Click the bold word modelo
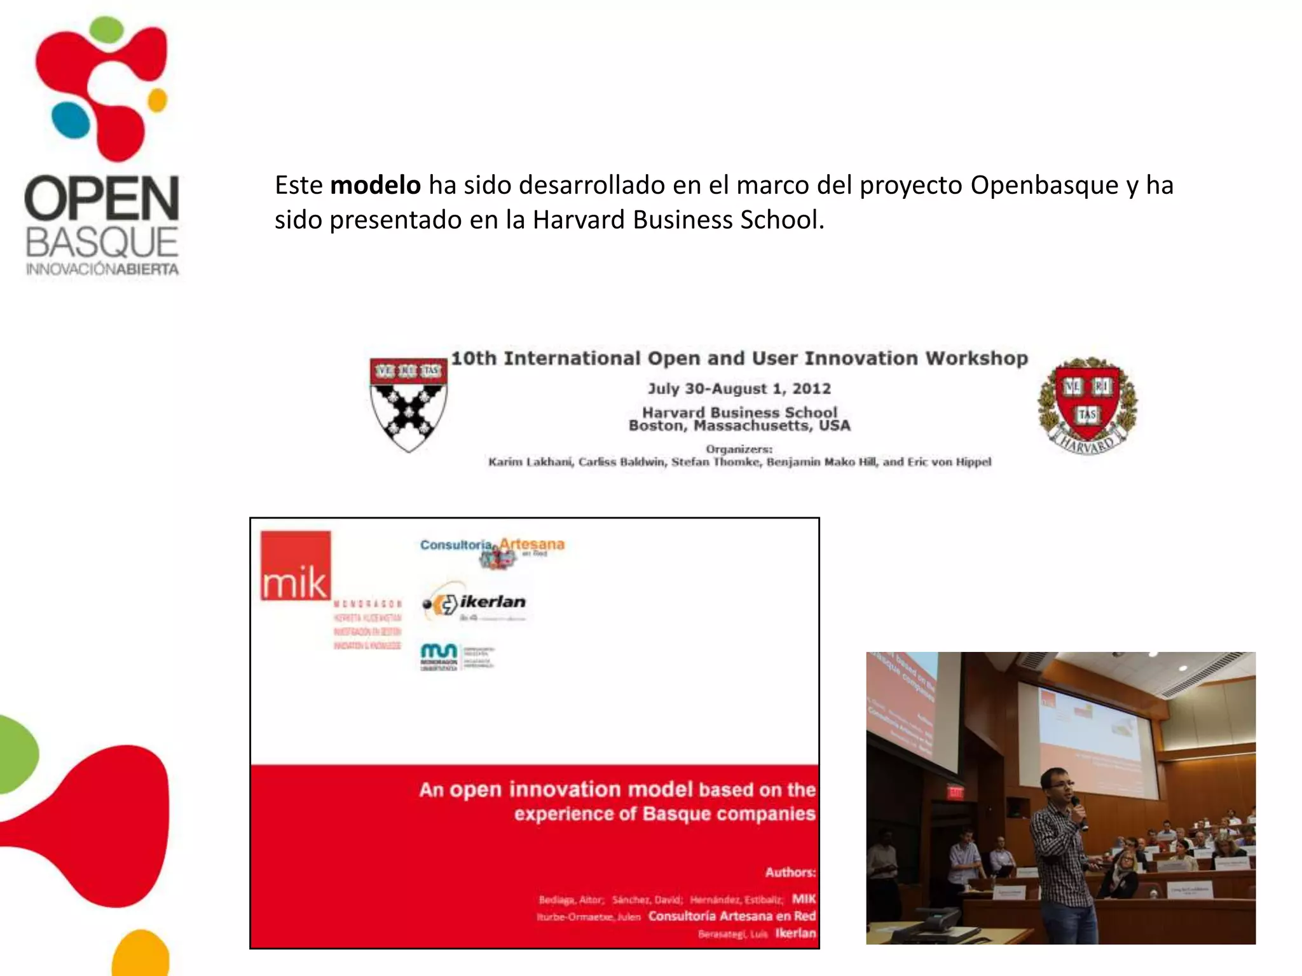pyautogui.click(x=375, y=186)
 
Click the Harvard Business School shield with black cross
pyautogui.click(x=409, y=404)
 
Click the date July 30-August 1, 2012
pyautogui.click(x=739, y=388)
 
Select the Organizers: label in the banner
pyautogui.click(x=739, y=449)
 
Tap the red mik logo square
pyautogui.click(x=296, y=566)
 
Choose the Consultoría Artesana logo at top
pyautogui.click(x=492, y=550)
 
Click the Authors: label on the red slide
pyautogui.click(x=790, y=872)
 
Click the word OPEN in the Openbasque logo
pyautogui.click(x=102, y=198)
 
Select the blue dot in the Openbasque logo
pyautogui.click(x=70, y=121)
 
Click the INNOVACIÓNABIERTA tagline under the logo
pyautogui.click(x=102, y=269)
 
